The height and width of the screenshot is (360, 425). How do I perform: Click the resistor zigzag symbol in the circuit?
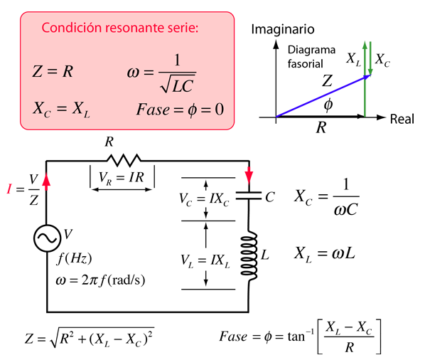pos(124,160)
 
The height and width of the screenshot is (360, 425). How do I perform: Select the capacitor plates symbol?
pos(249,196)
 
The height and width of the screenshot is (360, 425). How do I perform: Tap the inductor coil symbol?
pos(249,255)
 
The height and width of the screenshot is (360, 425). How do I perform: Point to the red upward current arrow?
pos(46,182)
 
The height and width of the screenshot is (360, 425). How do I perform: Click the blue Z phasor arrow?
pos(323,96)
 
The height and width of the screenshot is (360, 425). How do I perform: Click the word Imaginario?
pos(283,29)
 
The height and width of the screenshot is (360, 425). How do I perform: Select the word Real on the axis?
pos(402,119)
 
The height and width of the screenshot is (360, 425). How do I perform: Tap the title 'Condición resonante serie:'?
pos(120,28)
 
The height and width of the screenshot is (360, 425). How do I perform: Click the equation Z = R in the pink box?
pos(53,72)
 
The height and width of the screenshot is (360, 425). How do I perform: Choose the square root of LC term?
pos(178,84)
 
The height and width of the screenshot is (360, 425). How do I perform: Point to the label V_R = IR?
pos(121,178)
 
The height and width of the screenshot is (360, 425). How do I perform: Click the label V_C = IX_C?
pos(204,200)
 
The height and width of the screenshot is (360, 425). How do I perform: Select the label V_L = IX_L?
pos(205,261)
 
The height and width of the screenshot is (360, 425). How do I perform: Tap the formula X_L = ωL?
pos(325,254)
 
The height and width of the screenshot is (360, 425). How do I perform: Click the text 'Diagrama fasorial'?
pos(311,57)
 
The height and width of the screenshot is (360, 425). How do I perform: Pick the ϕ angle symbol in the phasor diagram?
pos(328,105)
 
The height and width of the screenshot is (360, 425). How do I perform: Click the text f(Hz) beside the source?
pos(74,258)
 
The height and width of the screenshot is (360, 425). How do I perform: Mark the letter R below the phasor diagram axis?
pos(321,127)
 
